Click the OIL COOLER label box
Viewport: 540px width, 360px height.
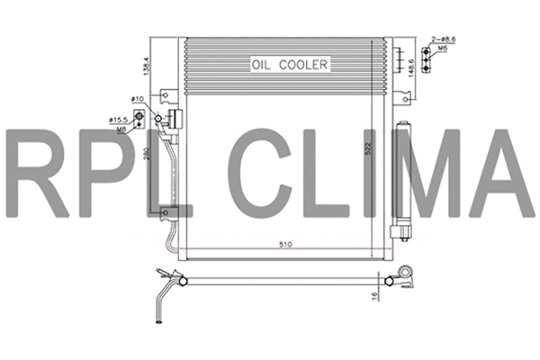pyautogui.click(x=291, y=64)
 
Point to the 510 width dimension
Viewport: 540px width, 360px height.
pyautogui.click(x=285, y=244)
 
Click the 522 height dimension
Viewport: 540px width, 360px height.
pyautogui.click(x=367, y=150)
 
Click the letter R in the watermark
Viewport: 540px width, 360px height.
pyautogui.click(x=37, y=174)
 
